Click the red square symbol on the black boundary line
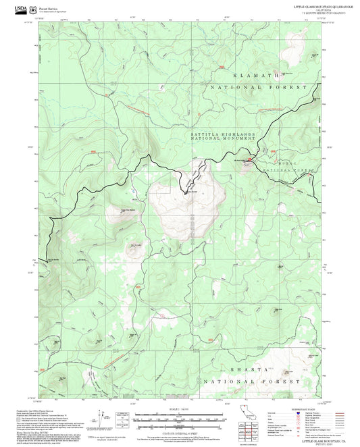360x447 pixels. tap(249, 160)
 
